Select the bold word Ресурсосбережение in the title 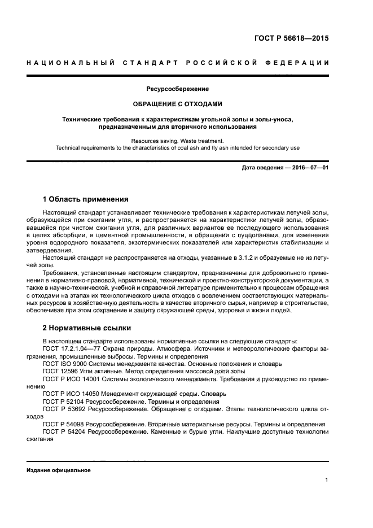(x=178, y=89)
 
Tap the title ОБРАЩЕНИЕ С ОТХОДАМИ (x=178, y=104)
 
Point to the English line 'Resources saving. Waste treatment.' (x=178, y=141)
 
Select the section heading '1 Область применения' (x=85, y=199)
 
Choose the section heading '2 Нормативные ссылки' (x=86, y=328)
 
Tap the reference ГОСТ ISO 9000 (x=63, y=364)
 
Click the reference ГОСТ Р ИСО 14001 (x=69, y=379)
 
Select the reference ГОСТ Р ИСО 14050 (x=69, y=394)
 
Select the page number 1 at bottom (x=327, y=480)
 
